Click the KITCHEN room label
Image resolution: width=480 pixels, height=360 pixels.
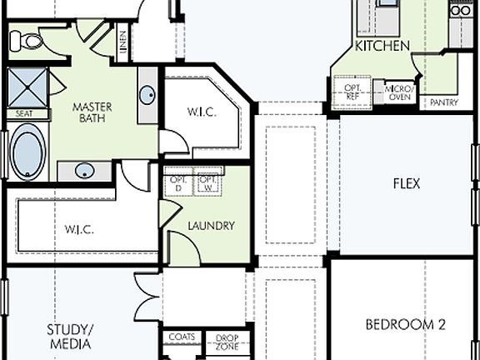coord(382,46)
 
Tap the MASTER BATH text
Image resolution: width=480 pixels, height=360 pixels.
coord(92,113)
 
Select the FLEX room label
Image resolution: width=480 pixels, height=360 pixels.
coord(406,183)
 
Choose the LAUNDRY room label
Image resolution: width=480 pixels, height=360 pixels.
coord(211,226)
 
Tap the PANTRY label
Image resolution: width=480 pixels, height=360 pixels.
coord(442,102)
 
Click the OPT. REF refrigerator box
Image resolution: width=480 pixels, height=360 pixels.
coord(352,90)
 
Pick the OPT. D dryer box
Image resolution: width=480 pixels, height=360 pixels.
coord(177,183)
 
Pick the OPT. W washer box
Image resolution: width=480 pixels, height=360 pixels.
coord(208,183)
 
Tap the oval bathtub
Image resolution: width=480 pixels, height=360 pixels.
coord(27,151)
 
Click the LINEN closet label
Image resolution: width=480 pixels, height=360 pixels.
coord(122,44)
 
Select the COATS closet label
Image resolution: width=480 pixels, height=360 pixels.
coord(182,337)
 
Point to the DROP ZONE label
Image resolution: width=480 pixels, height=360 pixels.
coord(227,342)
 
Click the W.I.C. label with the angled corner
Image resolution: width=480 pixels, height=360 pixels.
coord(202,112)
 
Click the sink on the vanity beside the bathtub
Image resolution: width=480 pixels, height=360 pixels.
coord(84,171)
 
